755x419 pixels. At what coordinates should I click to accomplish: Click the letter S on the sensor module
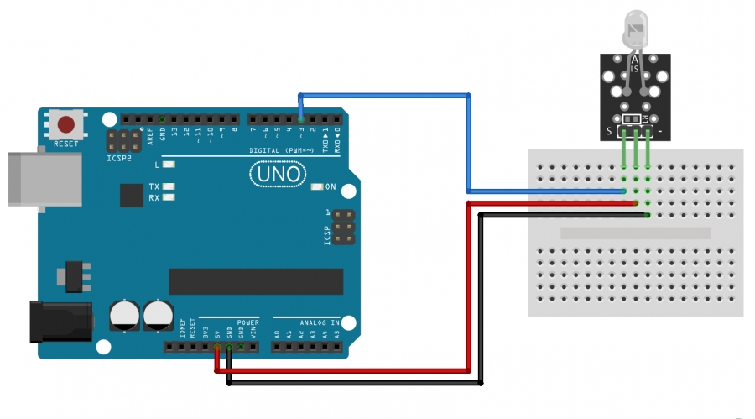click(609, 132)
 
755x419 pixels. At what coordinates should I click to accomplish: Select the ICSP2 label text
click(119, 158)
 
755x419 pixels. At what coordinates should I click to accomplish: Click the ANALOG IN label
click(320, 322)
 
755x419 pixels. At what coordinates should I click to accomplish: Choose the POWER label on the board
click(248, 322)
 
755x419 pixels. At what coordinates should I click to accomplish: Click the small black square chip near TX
click(132, 195)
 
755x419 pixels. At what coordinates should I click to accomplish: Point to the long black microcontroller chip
click(256, 281)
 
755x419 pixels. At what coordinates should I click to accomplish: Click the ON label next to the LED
click(331, 186)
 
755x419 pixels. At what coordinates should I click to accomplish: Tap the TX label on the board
click(154, 186)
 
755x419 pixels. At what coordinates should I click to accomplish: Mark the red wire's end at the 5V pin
click(218, 347)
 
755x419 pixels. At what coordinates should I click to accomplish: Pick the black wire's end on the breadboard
click(648, 215)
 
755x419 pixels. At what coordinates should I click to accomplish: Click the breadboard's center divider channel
click(635, 233)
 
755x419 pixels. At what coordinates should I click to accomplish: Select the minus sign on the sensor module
click(661, 132)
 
